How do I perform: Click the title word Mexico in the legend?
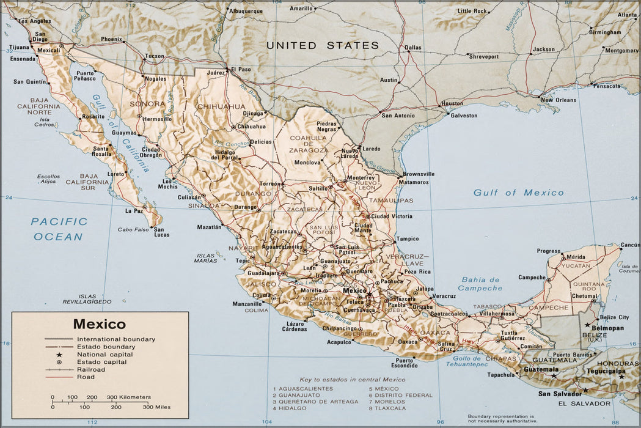tap(99, 324)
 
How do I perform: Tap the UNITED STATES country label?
tap(322, 45)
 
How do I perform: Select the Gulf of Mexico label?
tap(518, 193)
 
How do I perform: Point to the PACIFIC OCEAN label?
tap(59, 229)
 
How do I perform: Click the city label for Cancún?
tap(629, 245)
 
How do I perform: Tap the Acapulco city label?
tap(339, 342)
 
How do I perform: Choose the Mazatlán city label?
tap(209, 227)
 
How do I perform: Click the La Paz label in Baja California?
tap(134, 210)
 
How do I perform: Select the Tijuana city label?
tap(20, 46)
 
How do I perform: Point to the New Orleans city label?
tap(557, 100)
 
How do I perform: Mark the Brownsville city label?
tap(419, 174)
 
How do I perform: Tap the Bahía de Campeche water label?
tap(480, 284)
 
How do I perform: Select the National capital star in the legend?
tap(60, 355)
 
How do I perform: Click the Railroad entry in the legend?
tap(90, 369)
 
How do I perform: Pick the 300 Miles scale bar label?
tap(156, 407)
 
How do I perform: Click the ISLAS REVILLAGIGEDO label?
tap(87, 299)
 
